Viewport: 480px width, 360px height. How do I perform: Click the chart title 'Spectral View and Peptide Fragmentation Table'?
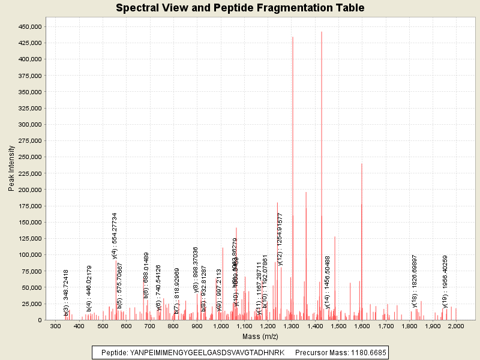(x=240, y=8)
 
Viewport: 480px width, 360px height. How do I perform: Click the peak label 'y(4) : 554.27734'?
(x=114, y=236)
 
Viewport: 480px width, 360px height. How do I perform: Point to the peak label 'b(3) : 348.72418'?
(x=67, y=292)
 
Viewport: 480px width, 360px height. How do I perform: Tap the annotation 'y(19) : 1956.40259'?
(x=445, y=281)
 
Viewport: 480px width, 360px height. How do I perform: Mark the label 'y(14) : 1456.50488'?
(x=328, y=282)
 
